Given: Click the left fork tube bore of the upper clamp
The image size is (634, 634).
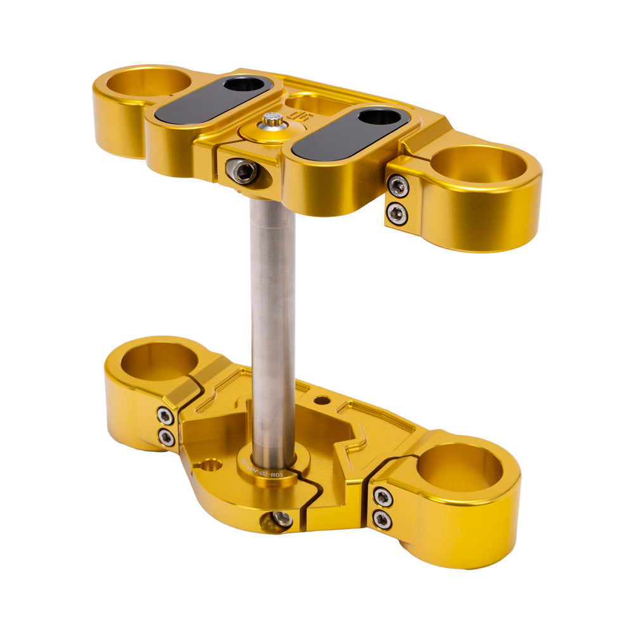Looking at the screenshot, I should tap(151, 82).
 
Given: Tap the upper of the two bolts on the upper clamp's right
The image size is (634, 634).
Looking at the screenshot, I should tap(398, 185).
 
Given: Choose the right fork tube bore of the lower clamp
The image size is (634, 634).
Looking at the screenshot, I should tap(461, 468).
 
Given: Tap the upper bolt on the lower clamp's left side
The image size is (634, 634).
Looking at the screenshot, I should tap(166, 416).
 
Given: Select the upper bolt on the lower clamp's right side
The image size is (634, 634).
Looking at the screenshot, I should tap(382, 498).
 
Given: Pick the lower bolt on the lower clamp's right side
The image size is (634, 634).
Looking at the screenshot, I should tap(382, 519).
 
